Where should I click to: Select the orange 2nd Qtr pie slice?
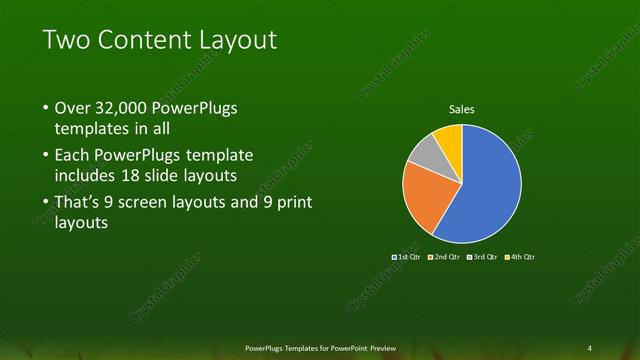(427, 196)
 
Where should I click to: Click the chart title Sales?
(461, 110)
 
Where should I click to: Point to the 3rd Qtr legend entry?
(478, 257)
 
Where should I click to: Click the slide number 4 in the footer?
(590, 346)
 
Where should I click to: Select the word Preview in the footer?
(380, 346)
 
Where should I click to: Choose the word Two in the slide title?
(64, 40)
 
